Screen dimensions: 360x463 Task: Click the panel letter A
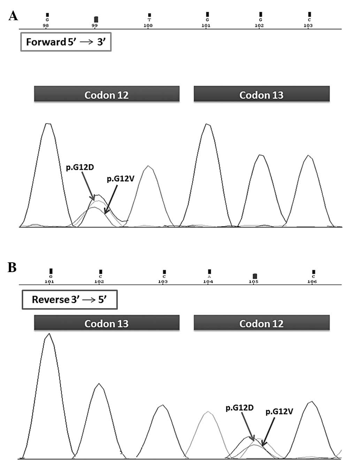point(13,16)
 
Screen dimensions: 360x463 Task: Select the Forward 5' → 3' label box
point(66,42)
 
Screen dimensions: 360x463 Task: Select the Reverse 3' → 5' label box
point(69,300)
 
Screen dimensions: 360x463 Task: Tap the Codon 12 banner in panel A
point(107,94)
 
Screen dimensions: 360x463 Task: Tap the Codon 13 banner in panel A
point(261,94)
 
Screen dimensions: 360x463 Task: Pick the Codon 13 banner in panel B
point(107,323)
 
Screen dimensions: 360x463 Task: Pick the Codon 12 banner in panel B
point(261,323)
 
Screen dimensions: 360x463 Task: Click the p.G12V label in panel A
point(120,179)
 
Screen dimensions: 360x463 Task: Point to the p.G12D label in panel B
point(239,408)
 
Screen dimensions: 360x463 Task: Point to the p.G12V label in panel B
point(279,412)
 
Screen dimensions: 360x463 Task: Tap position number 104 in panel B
point(208,281)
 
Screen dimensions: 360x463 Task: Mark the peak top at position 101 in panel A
point(208,124)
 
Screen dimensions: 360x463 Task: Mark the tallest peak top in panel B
point(49,334)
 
